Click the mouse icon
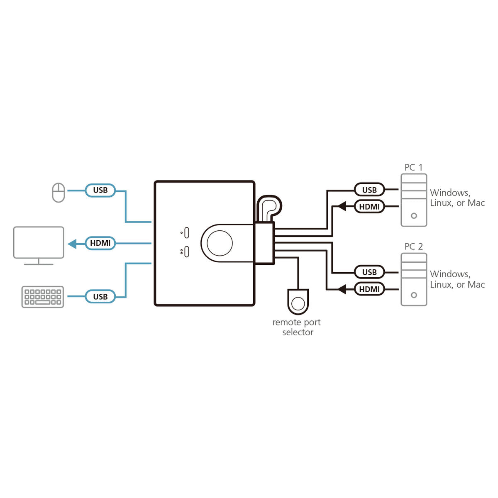(59, 193)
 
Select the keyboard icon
(43, 297)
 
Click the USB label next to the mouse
(100, 190)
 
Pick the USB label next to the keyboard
(100, 297)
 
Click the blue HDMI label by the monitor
(100, 243)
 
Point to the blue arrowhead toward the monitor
(72, 244)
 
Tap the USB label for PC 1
(369, 190)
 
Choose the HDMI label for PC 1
(369, 206)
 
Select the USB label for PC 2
(369, 272)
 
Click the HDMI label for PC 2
(369, 289)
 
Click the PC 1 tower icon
(414, 200)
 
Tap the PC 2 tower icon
(414, 280)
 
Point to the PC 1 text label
(413, 167)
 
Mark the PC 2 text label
(413, 247)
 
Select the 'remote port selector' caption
(297, 327)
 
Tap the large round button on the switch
(220, 243)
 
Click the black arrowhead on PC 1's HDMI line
(342, 206)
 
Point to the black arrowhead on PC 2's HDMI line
(342, 289)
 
